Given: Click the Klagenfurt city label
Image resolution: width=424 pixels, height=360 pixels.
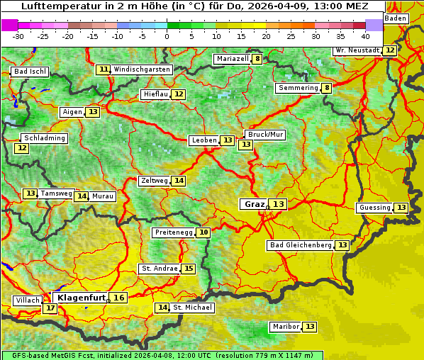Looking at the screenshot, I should click(x=81, y=298).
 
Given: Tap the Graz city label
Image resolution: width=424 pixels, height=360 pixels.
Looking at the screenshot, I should click(x=254, y=204).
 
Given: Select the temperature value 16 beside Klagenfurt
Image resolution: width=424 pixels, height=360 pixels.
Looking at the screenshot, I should click(x=118, y=298).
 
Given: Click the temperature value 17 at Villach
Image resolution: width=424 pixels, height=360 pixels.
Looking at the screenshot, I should click(x=50, y=308).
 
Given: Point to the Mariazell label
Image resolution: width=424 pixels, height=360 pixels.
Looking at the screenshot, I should click(x=232, y=59).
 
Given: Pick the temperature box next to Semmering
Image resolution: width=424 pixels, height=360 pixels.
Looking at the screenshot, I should click(x=326, y=88).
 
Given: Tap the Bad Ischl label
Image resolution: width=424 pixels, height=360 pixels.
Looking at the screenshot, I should click(x=30, y=72).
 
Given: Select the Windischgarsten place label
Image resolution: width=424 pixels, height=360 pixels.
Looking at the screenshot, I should click(x=142, y=69).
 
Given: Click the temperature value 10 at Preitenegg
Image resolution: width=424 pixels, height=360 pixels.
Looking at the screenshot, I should click(x=203, y=232).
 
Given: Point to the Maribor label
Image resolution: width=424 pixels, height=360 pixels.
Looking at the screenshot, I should click(x=285, y=327).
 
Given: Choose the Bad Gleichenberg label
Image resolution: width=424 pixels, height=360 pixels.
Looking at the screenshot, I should click(x=301, y=245).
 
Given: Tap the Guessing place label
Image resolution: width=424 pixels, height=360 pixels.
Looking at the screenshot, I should click(x=375, y=208).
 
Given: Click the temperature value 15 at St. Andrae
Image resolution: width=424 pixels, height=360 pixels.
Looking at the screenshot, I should click(x=188, y=269).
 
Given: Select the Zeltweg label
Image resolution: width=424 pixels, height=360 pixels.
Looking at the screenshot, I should click(x=154, y=181).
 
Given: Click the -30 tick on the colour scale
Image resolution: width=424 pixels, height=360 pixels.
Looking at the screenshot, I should click(x=18, y=36).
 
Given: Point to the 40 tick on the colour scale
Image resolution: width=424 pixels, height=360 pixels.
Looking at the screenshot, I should click(x=365, y=36).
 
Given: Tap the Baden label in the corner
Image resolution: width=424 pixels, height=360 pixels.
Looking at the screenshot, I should click(x=396, y=18).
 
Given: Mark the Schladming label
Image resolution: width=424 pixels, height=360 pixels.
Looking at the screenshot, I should click(x=44, y=138).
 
